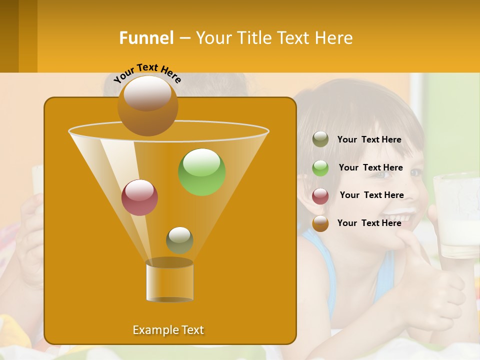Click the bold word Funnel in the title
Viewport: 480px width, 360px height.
(x=146, y=37)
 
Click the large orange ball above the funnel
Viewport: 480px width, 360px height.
(x=147, y=105)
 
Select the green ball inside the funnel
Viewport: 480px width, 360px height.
(x=201, y=172)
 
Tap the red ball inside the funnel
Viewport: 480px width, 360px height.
(x=139, y=197)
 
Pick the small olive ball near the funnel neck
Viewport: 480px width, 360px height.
(x=179, y=240)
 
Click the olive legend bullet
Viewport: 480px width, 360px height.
(x=320, y=139)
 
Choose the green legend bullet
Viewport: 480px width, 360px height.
(x=320, y=167)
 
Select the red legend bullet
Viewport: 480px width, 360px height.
(x=320, y=195)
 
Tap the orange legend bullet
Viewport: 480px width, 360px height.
(x=320, y=223)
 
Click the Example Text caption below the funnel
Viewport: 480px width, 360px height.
(x=168, y=330)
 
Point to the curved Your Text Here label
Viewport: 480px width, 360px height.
(x=147, y=72)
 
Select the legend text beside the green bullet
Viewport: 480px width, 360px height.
(x=370, y=167)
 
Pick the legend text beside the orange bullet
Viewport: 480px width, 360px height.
(x=369, y=223)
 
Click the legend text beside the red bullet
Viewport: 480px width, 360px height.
(x=371, y=195)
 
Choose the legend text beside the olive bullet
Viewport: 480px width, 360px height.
(x=369, y=139)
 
